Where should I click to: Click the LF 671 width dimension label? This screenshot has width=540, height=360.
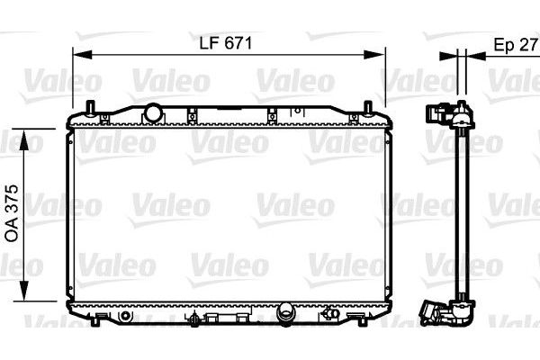226,43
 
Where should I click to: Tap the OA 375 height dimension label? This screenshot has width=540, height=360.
12,213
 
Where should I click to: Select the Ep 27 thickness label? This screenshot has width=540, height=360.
515,45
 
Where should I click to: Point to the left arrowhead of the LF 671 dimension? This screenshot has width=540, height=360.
83,54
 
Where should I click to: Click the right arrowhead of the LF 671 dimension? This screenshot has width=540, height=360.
374,54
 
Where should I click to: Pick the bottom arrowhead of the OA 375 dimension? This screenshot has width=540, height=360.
23,291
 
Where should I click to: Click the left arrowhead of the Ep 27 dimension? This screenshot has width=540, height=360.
448,56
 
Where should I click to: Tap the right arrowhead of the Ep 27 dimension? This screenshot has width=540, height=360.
475,56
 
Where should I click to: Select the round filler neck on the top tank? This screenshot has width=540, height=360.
152,112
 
